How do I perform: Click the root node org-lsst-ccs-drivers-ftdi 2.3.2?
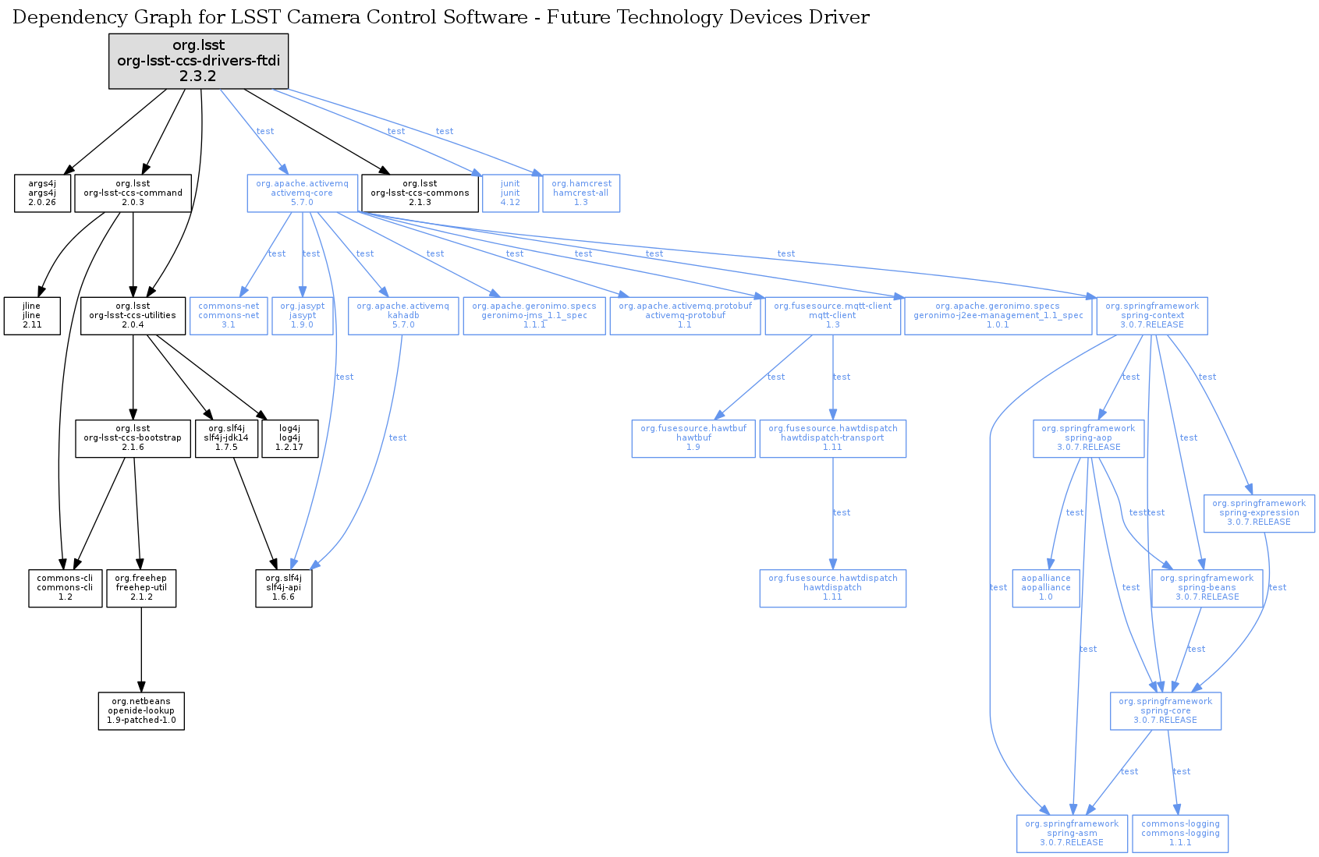pos(198,61)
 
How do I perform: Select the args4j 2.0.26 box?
pos(42,193)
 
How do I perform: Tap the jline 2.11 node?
pos(32,316)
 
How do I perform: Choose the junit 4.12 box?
pos(510,193)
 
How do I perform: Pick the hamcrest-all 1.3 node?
pos(581,193)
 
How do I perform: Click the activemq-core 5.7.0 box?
pos(302,193)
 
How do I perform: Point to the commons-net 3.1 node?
pos(229,316)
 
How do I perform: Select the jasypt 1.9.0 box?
pos(302,316)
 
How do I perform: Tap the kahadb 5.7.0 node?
pos(402,316)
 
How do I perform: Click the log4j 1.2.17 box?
pos(289,438)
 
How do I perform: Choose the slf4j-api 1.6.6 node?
pos(284,588)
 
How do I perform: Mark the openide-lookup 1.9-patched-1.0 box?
pos(141,711)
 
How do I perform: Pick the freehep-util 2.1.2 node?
pos(141,588)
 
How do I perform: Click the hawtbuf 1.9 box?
pos(693,438)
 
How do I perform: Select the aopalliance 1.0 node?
pos(1046,588)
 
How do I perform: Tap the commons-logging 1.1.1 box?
pos(1180,834)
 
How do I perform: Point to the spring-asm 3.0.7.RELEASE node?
pos(1072,834)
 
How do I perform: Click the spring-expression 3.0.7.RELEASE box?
pos(1259,513)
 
